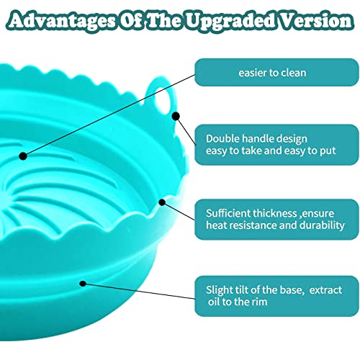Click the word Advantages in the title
61,21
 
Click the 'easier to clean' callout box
276,72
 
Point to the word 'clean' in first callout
293,73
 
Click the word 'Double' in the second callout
222,138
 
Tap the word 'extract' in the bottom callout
325,290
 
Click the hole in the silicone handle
163,98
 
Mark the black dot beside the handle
176,117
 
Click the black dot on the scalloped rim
162,202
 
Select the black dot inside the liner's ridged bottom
23,156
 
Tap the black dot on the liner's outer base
83,284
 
